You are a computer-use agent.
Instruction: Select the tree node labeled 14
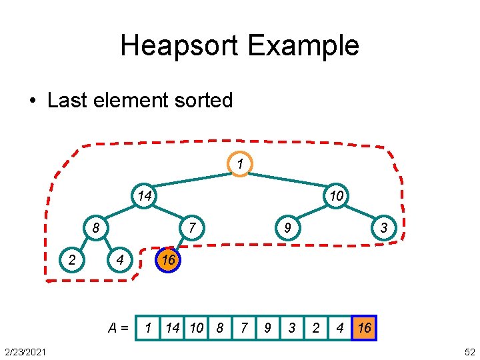144,195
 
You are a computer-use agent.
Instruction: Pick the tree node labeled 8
96,228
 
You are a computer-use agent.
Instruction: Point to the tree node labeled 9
287,228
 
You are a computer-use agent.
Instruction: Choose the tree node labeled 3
384,228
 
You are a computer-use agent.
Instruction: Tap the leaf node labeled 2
71,260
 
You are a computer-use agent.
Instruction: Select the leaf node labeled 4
120,260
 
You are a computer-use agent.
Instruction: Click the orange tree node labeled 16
168,260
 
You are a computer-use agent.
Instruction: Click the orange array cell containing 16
365,328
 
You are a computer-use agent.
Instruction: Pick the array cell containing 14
173,328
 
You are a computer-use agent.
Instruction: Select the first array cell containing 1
148,328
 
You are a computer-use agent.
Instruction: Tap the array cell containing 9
267,328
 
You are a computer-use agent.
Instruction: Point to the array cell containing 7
244,328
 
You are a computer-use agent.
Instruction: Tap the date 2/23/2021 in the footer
25,351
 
